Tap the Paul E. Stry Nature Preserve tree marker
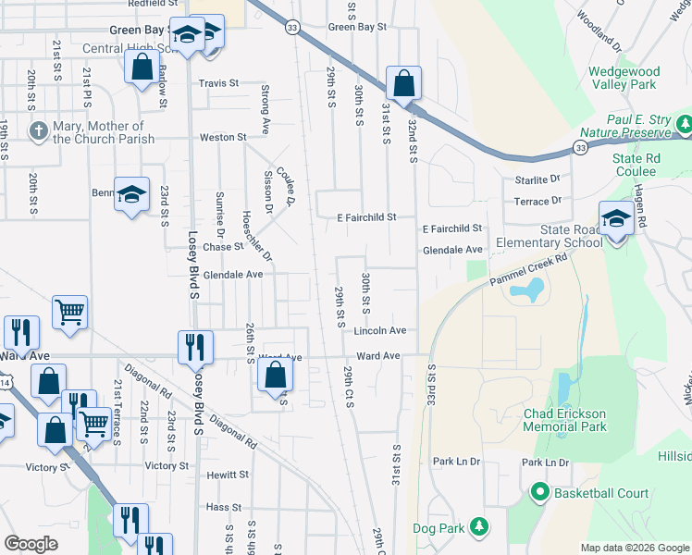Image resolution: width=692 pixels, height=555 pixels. click(684, 123)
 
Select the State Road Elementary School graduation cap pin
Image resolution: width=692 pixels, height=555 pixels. click(616, 220)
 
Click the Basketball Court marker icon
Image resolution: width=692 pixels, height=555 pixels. click(540, 493)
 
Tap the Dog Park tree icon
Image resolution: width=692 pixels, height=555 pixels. click(478, 526)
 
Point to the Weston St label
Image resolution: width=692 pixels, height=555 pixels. click(224, 138)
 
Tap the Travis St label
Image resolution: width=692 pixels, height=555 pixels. click(218, 83)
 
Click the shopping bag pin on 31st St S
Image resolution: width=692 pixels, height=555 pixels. click(404, 84)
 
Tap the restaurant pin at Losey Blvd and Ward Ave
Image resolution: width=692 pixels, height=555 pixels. click(195, 348)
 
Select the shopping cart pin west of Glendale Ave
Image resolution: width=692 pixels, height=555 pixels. click(70, 313)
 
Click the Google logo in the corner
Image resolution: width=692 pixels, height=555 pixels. click(31, 544)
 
